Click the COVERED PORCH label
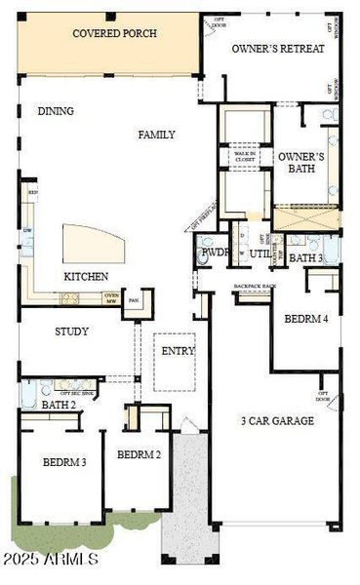(114, 33)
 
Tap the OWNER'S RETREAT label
(278, 48)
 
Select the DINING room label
(56, 111)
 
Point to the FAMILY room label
(156, 135)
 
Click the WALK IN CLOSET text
(245, 156)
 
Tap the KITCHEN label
(86, 276)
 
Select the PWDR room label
(214, 253)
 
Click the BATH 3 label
(305, 258)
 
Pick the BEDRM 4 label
(305, 319)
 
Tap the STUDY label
(71, 331)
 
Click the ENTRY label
(178, 351)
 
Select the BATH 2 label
(59, 405)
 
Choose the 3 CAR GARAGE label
(277, 421)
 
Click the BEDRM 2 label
(139, 454)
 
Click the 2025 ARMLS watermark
(50, 560)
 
